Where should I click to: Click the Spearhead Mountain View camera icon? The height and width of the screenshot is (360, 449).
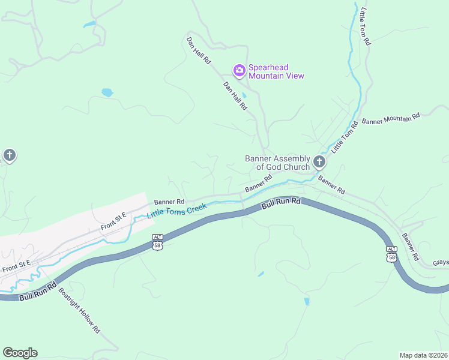tap(240, 71)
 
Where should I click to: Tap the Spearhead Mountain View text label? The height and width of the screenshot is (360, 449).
tap(276, 71)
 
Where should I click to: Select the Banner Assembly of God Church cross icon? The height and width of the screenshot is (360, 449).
tap(319, 162)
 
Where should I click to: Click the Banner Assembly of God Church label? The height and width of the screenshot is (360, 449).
tap(277, 163)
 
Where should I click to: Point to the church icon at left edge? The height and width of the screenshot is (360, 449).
tap(9, 156)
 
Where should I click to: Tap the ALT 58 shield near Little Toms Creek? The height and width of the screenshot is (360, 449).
tap(157, 242)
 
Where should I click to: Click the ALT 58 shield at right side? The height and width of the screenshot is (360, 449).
tap(391, 253)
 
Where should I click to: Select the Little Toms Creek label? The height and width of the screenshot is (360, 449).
tap(176, 210)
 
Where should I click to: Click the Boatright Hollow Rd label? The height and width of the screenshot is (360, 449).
tap(79, 311)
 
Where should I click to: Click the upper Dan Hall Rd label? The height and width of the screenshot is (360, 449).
tap(198, 50)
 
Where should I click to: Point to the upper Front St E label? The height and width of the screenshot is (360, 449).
tap(113, 221)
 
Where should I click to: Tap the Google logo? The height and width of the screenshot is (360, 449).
tap(20, 353)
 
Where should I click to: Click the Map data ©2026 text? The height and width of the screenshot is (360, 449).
tap(423, 355)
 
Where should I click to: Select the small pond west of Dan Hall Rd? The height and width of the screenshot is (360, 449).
tap(107, 92)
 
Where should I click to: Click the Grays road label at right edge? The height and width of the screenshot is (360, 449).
tap(440, 263)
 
